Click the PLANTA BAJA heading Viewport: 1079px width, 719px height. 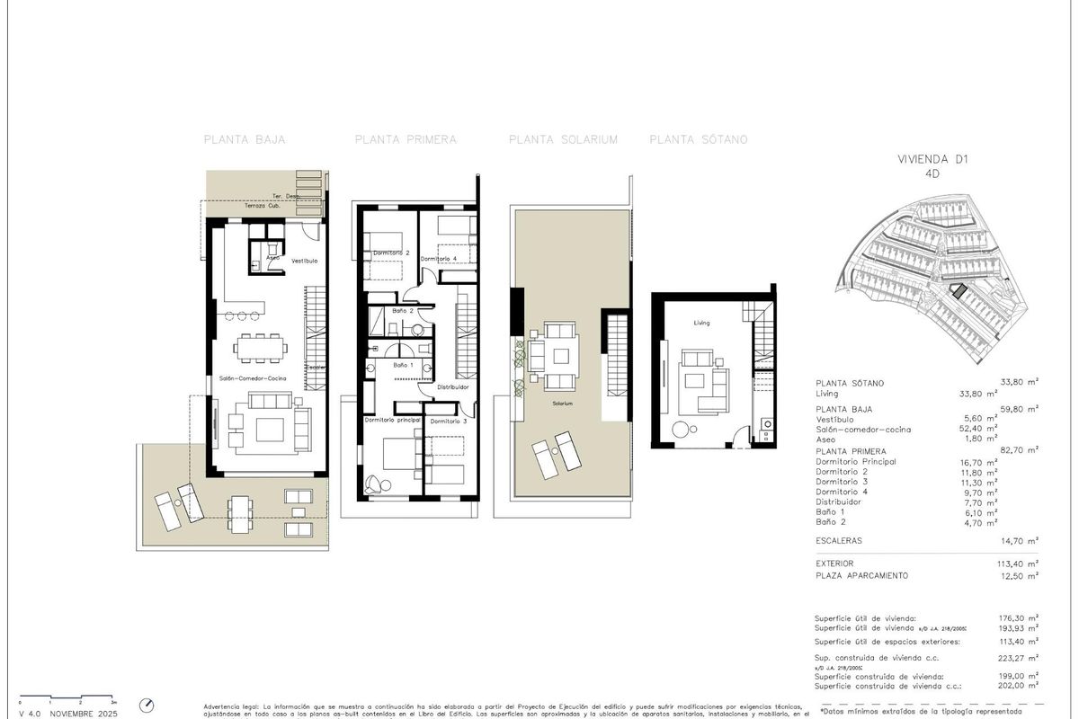[x=245, y=139]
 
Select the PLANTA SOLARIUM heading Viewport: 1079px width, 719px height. [x=563, y=139]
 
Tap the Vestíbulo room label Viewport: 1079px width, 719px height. [x=305, y=261]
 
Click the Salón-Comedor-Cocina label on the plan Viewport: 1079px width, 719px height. [x=253, y=378]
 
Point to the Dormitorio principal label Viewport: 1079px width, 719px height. [x=391, y=420]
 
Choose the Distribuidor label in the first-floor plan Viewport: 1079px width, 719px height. [x=453, y=387]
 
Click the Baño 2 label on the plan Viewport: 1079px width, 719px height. [x=402, y=311]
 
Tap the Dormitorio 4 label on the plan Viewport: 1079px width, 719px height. [x=439, y=259]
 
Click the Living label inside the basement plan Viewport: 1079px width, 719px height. [x=702, y=322]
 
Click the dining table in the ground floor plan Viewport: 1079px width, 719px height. [x=261, y=345]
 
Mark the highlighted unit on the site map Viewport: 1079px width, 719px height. [x=959, y=291]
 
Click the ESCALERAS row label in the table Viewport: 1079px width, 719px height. [x=839, y=541]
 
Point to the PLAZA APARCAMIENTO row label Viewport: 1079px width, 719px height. [x=861, y=575]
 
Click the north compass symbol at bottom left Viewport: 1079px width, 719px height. [x=147, y=706]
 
